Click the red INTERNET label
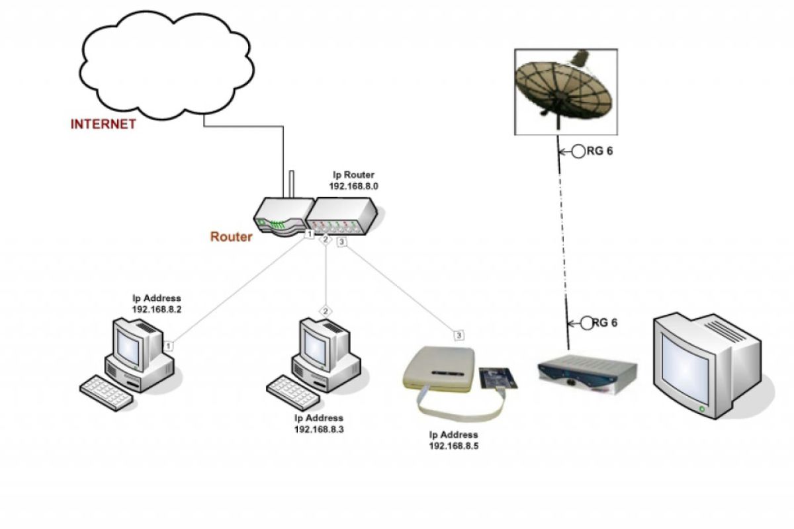(x=103, y=124)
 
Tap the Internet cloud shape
(x=165, y=63)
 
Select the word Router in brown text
(x=231, y=237)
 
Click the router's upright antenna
(x=290, y=186)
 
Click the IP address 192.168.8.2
(x=156, y=309)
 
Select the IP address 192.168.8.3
(x=319, y=429)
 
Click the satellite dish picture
(x=566, y=91)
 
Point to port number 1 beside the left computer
(x=169, y=345)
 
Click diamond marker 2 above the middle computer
(x=326, y=310)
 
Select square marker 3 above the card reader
(x=459, y=335)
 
